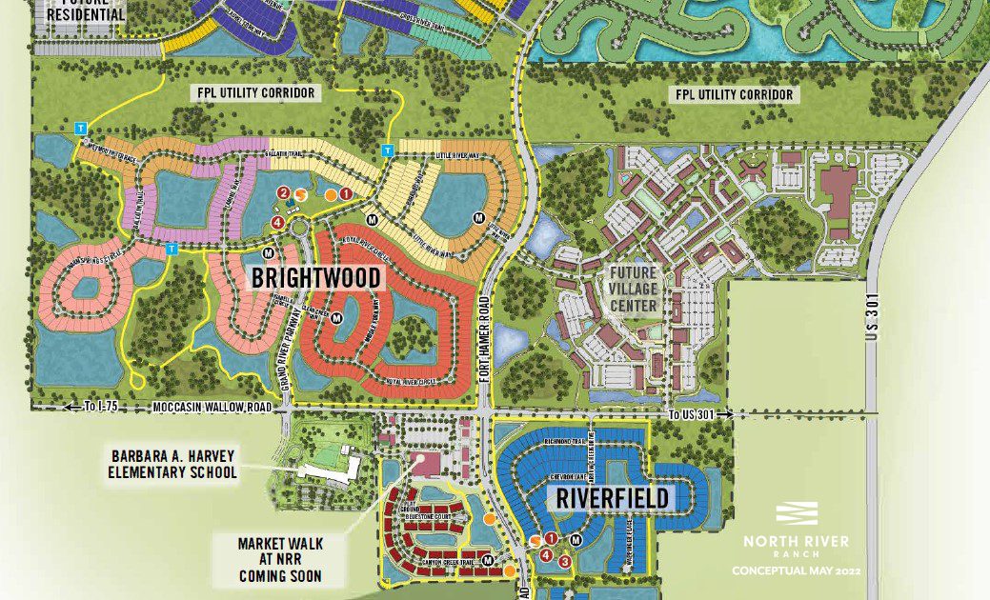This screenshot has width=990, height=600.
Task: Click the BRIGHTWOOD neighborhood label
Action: (x=316, y=278)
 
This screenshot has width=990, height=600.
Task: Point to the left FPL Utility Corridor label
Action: (x=250, y=93)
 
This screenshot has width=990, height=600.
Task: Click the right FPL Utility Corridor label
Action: (x=734, y=94)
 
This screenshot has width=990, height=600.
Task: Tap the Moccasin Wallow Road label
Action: (x=212, y=408)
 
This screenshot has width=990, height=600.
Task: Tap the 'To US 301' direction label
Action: (x=699, y=414)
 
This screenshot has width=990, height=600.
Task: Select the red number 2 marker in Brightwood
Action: (x=283, y=193)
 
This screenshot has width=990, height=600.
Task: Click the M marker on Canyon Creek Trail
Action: (x=488, y=559)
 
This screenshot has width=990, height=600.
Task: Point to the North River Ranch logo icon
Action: (x=797, y=514)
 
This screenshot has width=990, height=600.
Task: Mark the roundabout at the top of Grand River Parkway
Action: (x=300, y=228)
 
